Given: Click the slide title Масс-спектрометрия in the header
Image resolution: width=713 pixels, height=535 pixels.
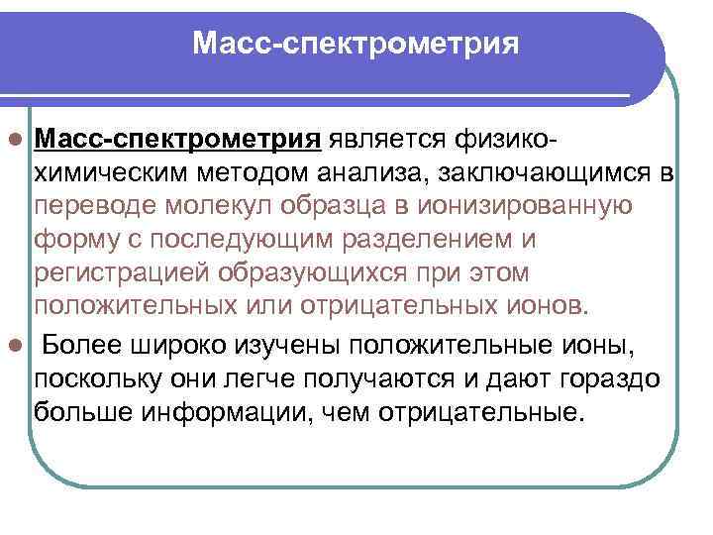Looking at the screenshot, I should (356, 44).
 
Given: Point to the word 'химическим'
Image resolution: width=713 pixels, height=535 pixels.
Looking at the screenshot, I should (104, 175).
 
